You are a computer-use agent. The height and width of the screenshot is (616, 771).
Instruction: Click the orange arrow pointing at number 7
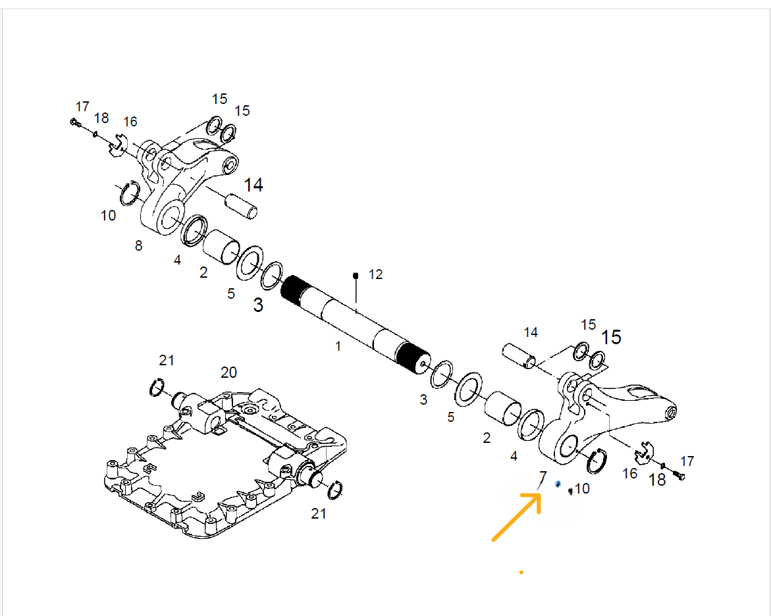tap(516, 517)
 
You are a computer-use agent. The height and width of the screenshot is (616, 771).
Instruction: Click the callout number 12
tap(376, 274)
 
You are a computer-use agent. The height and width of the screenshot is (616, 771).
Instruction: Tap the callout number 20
tap(228, 372)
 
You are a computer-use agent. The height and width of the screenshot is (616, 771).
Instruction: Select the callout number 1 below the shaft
tap(338, 347)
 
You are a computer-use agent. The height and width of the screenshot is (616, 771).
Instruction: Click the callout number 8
tap(139, 245)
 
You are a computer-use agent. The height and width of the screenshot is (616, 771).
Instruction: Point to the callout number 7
tap(543, 477)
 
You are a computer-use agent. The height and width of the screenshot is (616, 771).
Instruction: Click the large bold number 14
tap(253, 185)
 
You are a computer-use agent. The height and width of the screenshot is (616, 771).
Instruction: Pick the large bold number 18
tap(658, 479)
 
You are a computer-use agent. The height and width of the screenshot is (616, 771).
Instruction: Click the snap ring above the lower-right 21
tap(335, 490)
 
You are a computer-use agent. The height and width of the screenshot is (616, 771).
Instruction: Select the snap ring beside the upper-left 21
tap(156, 388)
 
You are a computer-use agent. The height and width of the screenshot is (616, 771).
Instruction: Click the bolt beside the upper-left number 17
tap(75, 122)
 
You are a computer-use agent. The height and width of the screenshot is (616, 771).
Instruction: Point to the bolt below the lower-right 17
tap(681, 476)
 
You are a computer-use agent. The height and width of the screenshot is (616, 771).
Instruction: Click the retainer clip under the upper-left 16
tap(117, 146)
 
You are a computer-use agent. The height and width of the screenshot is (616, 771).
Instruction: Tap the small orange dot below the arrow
tap(521, 573)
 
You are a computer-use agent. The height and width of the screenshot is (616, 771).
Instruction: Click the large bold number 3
tap(258, 305)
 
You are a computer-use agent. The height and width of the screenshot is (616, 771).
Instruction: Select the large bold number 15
tap(611, 337)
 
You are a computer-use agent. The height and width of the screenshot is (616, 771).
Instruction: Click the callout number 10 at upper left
tap(108, 215)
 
